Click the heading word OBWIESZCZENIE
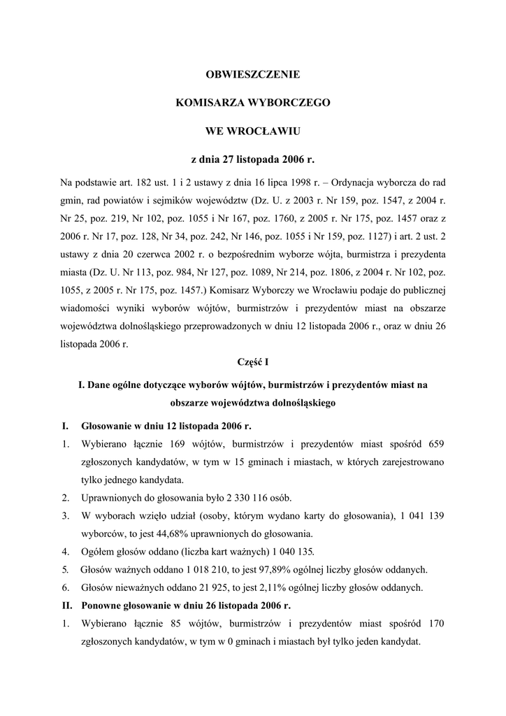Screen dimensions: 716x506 click(x=252, y=73)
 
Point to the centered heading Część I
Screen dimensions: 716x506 click(x=253, y=362)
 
